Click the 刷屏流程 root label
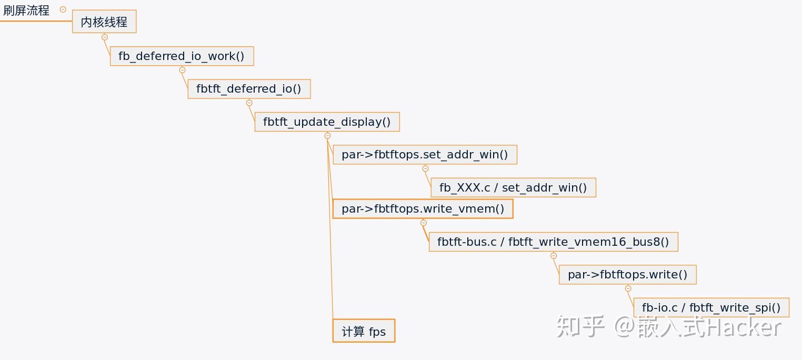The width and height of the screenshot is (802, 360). (26, 11)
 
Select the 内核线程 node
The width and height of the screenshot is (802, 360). (104, 22)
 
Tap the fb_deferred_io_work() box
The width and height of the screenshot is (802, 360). (182, 56)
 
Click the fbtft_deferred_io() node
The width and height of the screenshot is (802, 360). (249, 89)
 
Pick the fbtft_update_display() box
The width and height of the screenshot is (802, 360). (327, 122)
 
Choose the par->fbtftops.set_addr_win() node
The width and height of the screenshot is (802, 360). (425, 155)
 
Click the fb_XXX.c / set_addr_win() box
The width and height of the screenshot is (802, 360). (513, 187)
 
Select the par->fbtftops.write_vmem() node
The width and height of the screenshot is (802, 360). (423, 209)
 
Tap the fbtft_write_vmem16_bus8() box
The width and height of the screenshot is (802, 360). (553, 242)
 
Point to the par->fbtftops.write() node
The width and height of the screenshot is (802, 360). (627, 275)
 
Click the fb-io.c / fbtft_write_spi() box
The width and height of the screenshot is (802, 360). (711, 307)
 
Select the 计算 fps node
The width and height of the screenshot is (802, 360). (364, 331)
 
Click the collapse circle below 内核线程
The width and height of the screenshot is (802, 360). (104, 37)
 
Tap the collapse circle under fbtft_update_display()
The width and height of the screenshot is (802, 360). (327, 136)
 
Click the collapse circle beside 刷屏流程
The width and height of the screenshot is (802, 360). (63, 9)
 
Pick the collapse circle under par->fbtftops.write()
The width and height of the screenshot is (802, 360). (628, 288)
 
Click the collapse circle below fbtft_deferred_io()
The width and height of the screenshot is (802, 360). (249, 103)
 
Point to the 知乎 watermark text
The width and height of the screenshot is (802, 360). (580, 327)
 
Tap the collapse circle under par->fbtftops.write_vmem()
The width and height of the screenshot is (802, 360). (424, 223)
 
